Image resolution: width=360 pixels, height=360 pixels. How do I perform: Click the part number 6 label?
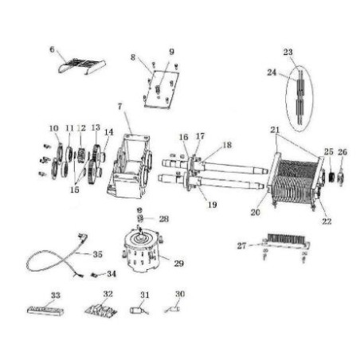pyautogui.click(x=52, y=49)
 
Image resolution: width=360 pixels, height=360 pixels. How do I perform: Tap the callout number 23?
pyautogui.click(x=288, y=52)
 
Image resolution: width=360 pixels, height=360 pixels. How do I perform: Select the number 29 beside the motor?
pyautogui.click(x=178, y=264)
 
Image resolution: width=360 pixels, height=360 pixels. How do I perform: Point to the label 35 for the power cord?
pyautogui.click(x=97, y=254)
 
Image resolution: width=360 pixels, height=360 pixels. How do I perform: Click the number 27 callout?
pyautogui.click(x=241, y=246)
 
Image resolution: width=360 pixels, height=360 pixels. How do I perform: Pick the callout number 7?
pyautogui.click(x=120, y=107)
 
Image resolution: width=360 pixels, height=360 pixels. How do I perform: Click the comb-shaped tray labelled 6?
pyautogui.click(x=81, y=66)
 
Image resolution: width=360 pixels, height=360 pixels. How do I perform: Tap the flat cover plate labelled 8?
pyautogui.click(x=162, y=89)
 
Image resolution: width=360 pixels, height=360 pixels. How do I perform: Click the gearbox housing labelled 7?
pyautogui.click(x=129, y=166)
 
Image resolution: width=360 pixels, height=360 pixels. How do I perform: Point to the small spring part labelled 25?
pyautogui.click(x=331, y=177)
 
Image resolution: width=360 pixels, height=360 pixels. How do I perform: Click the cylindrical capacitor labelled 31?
pyautogui.click(x=136, y=311)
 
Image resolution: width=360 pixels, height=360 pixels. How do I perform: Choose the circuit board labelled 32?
pyautogui.click(x=101, y=311)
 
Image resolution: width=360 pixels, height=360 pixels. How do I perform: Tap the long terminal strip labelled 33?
pyautogui.click(x=45, y=311)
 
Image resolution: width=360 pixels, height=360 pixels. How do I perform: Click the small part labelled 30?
pyautogui.click(x=173, y=309)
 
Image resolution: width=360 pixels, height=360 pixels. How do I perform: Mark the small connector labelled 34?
pyautogui.click(x=94, y=275)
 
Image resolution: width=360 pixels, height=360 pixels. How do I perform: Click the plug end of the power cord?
pyautogui.click(x=83, y=237)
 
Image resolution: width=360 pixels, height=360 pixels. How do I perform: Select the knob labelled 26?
pyautogui.click(x=341, y=177)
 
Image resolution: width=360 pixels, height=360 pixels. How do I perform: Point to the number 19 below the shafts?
pyautogui.click(x=212, y=205)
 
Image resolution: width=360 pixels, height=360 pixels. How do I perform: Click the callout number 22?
pyautogui.click(x=327, y=221)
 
